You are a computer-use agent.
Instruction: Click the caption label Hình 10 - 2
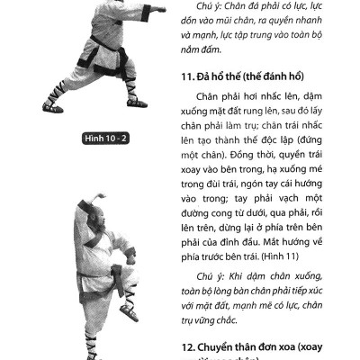pyautogui.click(x=107, y=139)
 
